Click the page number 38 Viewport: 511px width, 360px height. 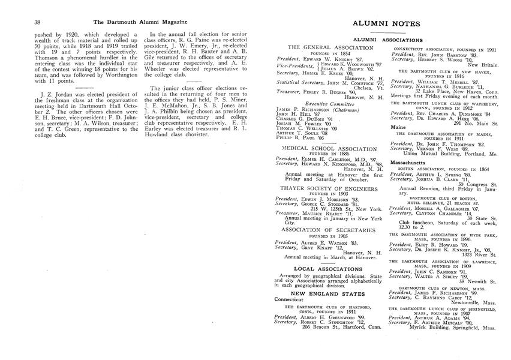(x=20, y=22)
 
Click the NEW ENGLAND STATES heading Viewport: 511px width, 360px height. (x=322, y=293)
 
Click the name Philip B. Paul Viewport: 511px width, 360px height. (x=296, y=137)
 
